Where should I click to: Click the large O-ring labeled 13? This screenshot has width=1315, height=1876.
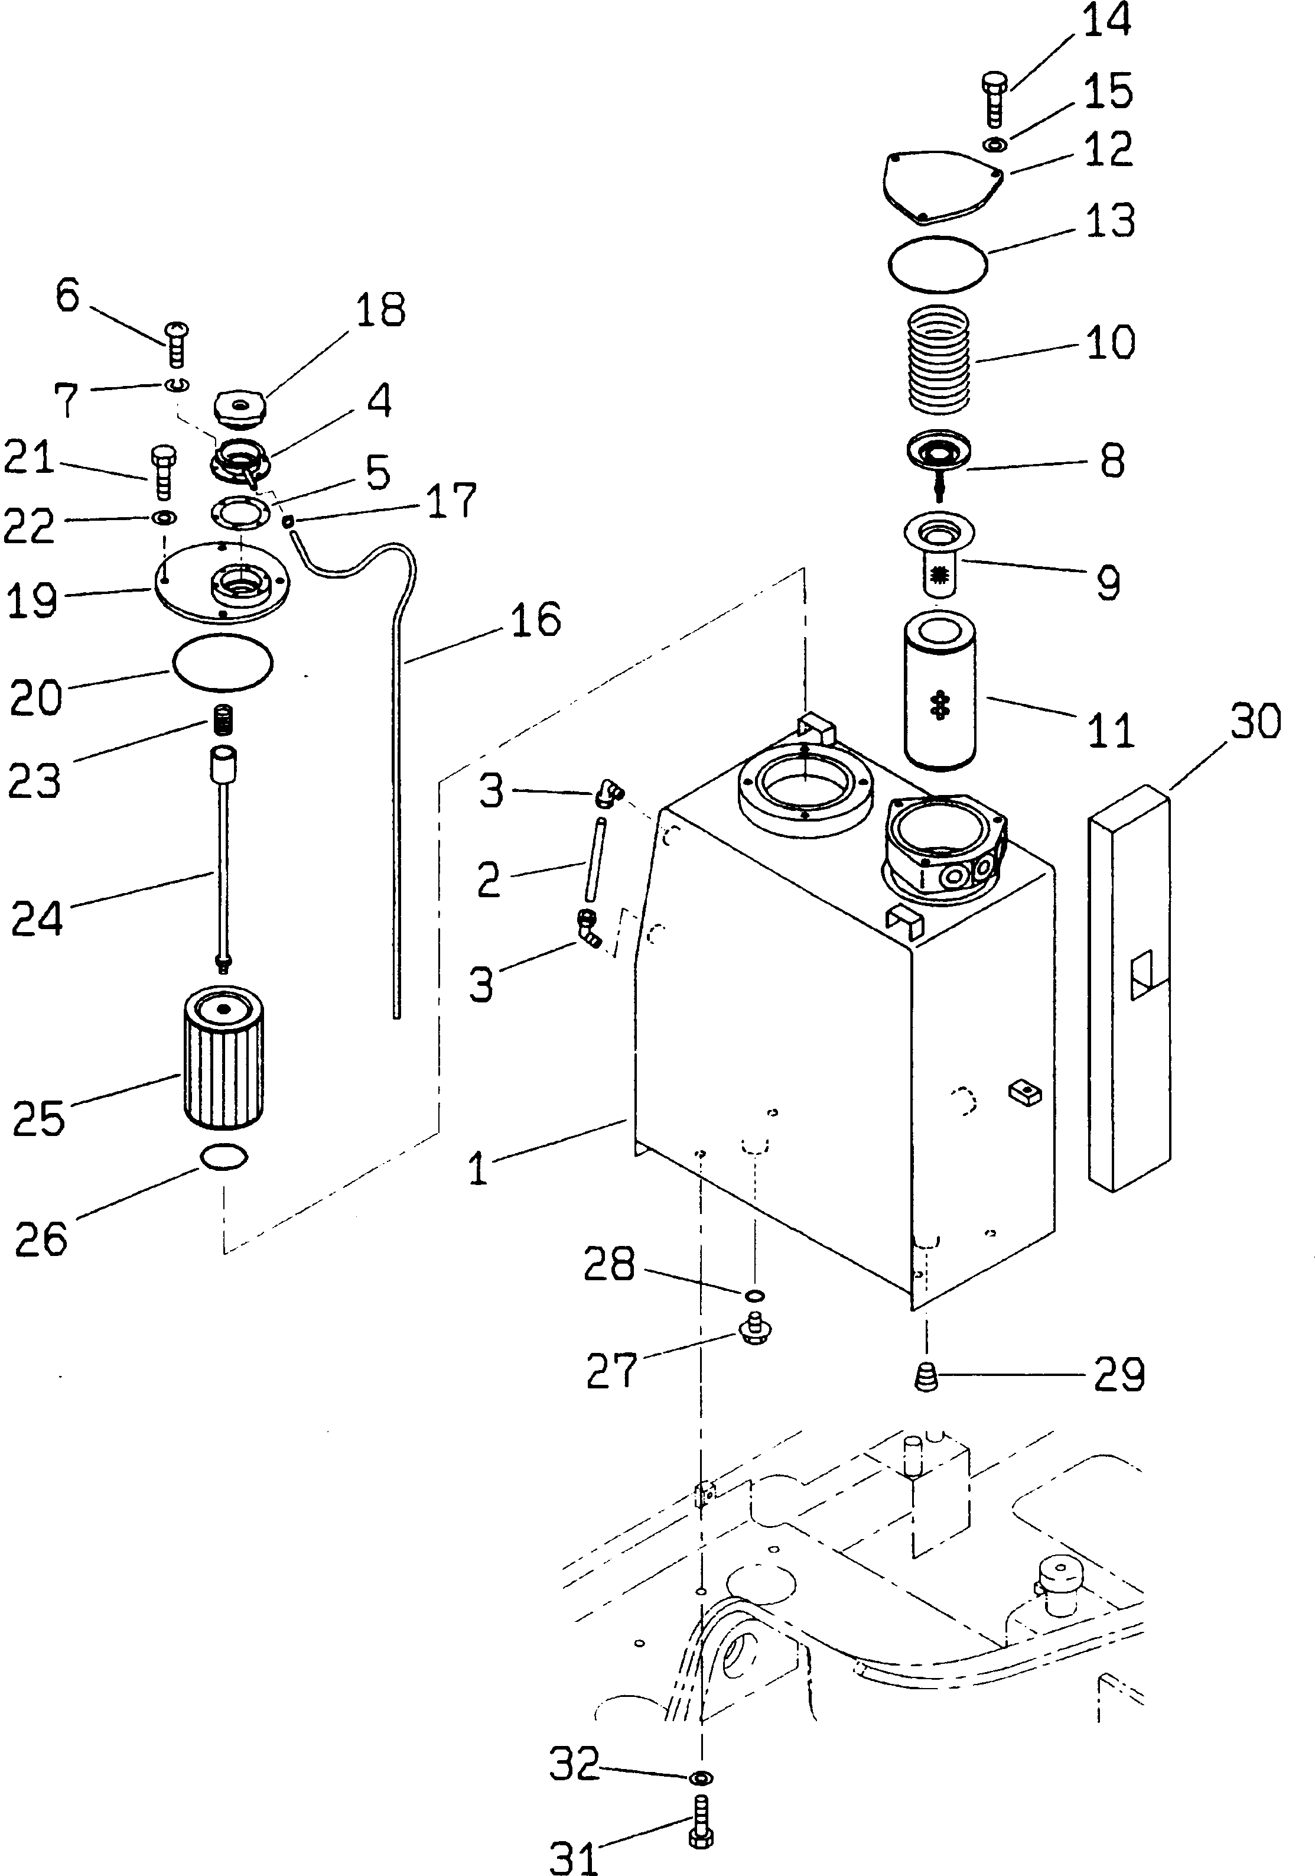tap(938, 264)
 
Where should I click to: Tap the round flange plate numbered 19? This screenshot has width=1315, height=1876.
tap(222, 579)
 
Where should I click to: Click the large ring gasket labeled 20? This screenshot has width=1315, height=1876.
tap(222, 662)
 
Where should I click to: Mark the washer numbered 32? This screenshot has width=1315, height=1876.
tap(701, 1777)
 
